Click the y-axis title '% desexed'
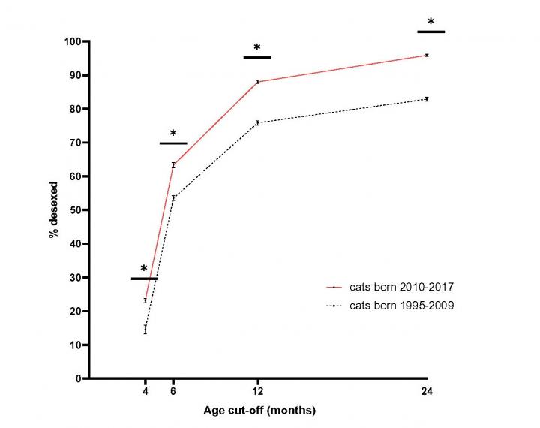click(54, 210)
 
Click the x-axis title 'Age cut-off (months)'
click(259, 411)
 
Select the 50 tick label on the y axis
click(74, 210)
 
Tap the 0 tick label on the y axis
click(77, 378)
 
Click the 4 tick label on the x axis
click(145, 392)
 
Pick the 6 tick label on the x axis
click(173, 392)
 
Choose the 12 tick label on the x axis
click(258, 392)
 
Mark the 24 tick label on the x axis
click(427, 392)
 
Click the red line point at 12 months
click(258, 82)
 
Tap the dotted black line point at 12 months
click(258, 122)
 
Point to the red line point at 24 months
click(427, 55)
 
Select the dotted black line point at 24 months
click(427, 99)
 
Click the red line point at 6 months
click(173, 165)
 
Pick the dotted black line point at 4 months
click(145, 329)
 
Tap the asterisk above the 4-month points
click(143, 269)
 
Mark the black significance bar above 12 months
click(257, 57)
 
